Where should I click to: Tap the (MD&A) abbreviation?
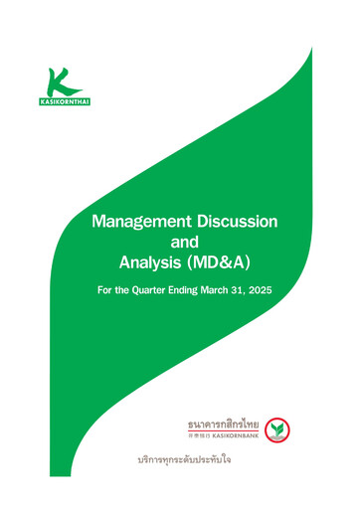tap(221, 262)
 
